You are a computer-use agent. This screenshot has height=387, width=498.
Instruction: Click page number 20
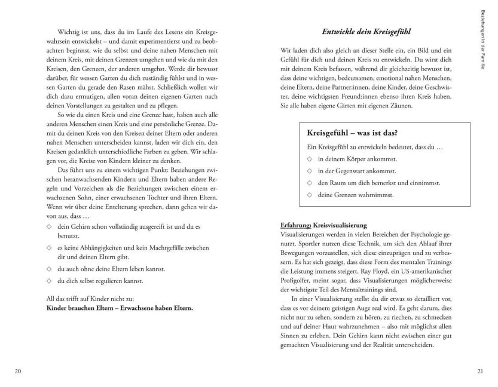click(17, 371)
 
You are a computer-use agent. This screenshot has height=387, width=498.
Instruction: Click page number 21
click(479, 371)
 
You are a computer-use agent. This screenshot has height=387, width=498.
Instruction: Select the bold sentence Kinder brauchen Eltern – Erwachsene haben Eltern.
click(120, 309)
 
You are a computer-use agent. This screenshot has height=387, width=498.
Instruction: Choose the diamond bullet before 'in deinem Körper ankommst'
click(308, 159)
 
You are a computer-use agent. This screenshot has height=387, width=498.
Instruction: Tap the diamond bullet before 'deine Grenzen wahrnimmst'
click(308, 194)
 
